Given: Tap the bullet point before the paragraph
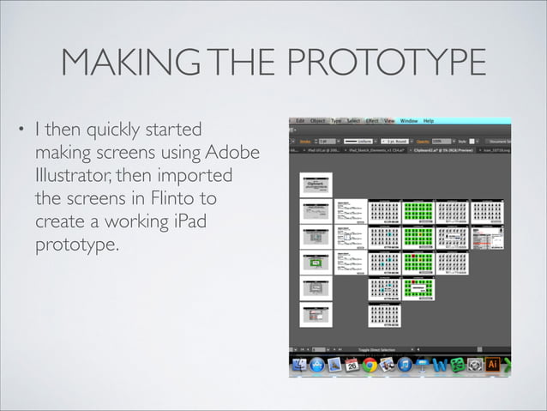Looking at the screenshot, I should pos(22,133).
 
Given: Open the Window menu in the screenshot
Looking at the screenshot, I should pos(409,121).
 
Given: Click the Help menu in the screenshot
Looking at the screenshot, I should pos(429,121).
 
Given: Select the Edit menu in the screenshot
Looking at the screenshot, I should pos(300,121).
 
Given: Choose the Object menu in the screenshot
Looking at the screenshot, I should pos(318,121).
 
